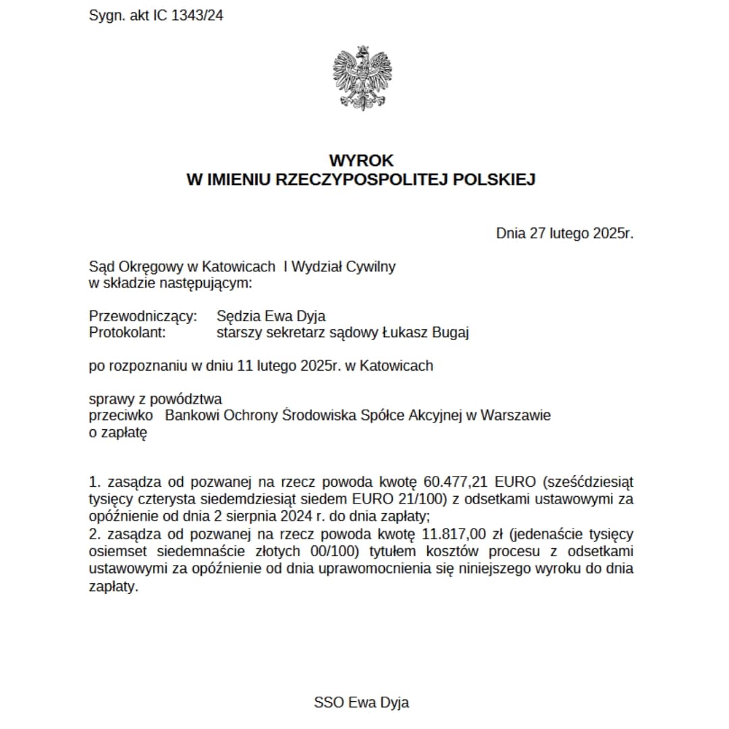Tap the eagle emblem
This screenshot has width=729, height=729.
362,78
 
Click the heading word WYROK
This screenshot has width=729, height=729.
361,161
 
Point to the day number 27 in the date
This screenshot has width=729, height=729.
537,234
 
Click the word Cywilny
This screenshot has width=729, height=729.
371,266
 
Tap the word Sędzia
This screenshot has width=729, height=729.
237,315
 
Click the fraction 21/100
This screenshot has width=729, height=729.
418,500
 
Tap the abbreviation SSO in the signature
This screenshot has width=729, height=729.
329,702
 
